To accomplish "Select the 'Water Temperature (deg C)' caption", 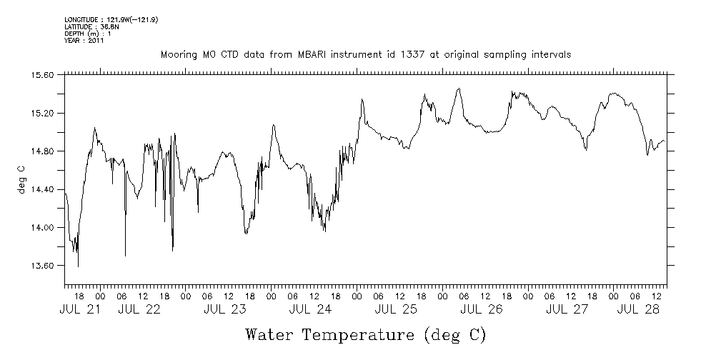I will pos(366,334).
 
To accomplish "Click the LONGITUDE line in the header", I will pos(111,19).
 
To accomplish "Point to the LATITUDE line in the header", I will pos(90,26).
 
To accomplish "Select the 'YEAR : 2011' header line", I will pos(85,41).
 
